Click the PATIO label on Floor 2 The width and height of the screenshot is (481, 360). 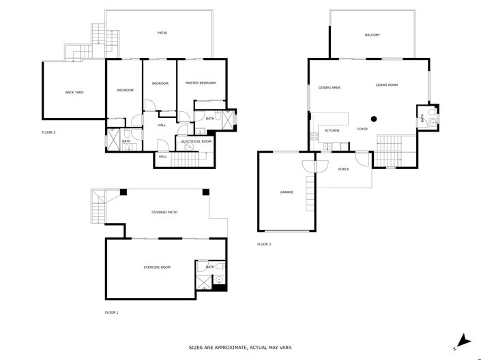(162, 33)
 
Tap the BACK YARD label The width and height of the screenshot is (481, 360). (74, 92)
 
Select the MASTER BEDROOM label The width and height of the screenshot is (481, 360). (201, 82)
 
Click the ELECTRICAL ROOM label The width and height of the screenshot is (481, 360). (197, 141)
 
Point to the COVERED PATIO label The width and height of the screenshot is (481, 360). (164, 213)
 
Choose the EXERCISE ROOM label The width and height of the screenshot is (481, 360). (157, 267)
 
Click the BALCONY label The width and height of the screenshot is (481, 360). (372, 35)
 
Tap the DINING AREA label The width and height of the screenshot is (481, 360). (330, 87)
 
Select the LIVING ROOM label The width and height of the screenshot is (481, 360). (386, 85)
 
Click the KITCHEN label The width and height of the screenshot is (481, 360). (332, 130)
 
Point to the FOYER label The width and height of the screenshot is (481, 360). (362, 129)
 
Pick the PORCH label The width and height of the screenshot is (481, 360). (344, 169)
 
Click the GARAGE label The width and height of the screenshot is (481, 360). (287, 192)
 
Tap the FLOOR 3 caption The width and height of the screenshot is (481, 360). (264, 243)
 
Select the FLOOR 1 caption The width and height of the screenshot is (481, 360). (111, 312)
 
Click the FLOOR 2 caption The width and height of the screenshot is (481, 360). (48, 132)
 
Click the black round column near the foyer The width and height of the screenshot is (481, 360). (374, 117)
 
